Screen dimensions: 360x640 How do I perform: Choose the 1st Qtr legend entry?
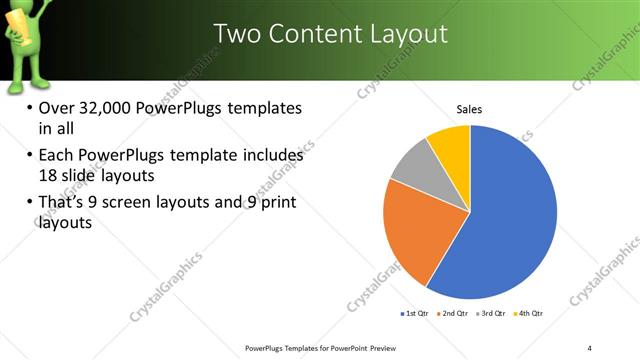click(414, 314)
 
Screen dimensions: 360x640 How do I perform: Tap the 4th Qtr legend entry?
click(530, 314)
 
